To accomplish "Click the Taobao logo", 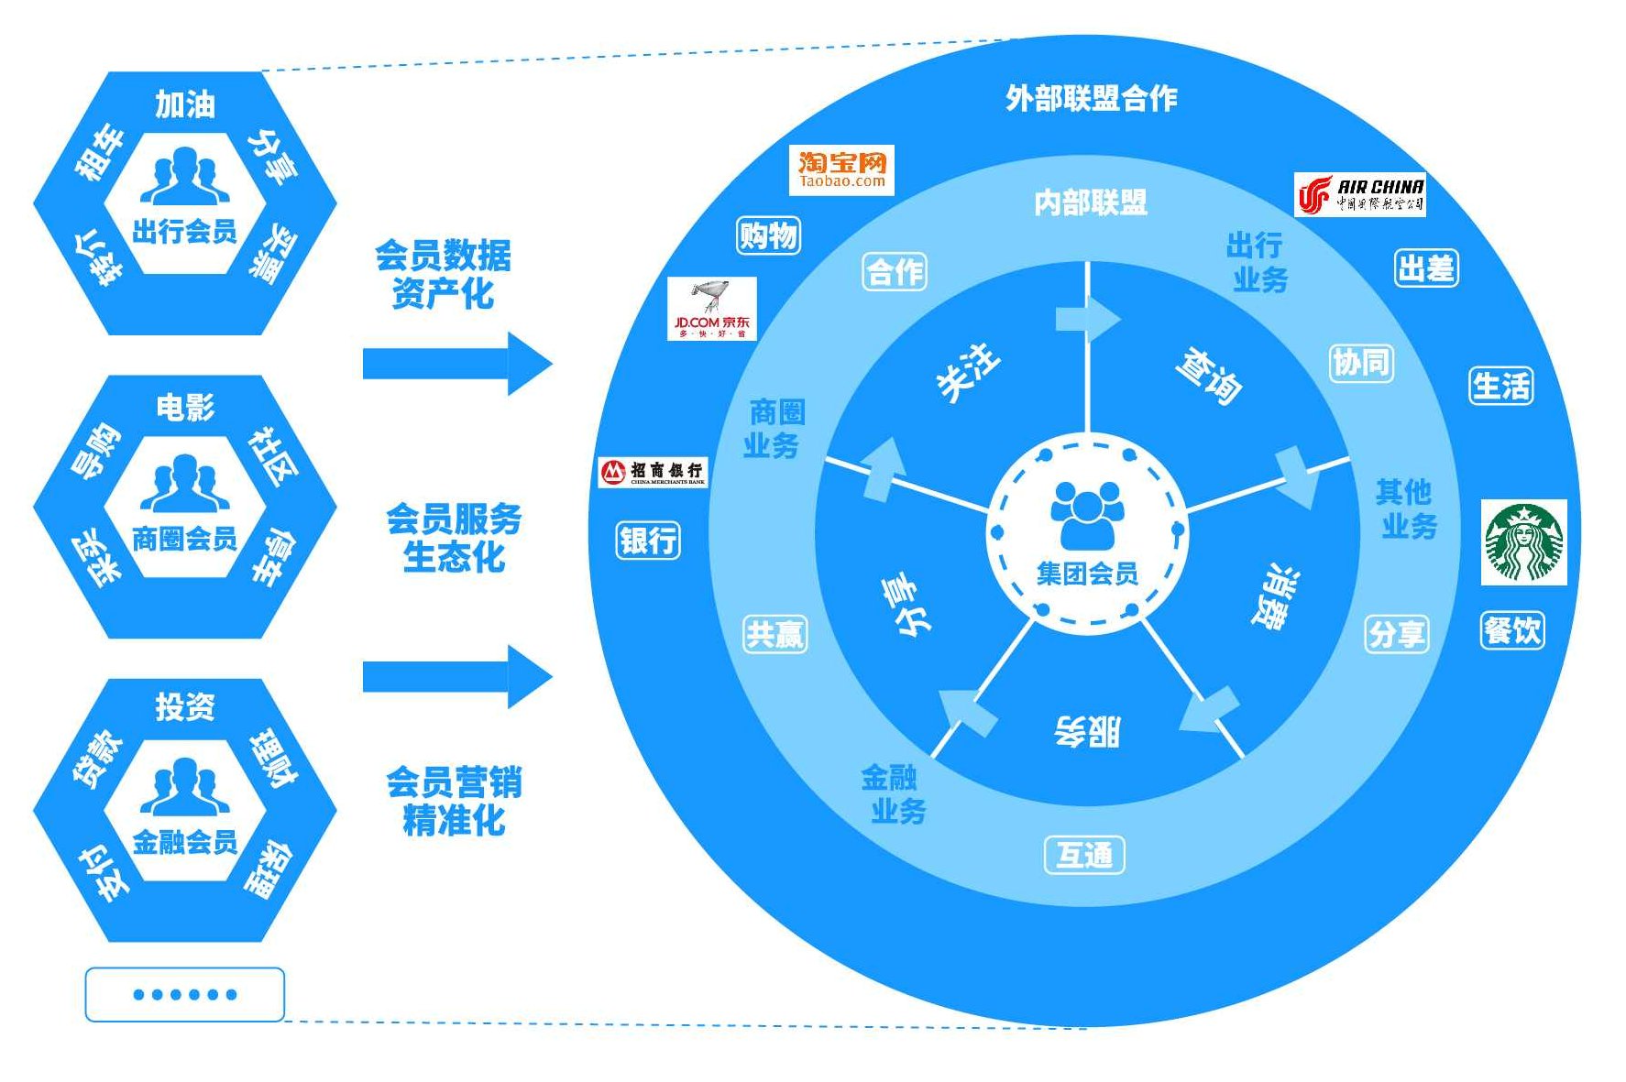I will [x=841, y=170].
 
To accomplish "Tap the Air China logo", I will [x=1359, y=195].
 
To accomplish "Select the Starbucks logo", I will [x=1523, y=542].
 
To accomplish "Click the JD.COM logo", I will [x=712, y=309].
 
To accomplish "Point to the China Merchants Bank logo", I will [x=653, y=472].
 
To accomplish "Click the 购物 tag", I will [x=768, y=235].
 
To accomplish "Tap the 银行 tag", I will [x=648, y=540].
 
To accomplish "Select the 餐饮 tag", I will [x=1512, y=630].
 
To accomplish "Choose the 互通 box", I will [x=1084, y=855].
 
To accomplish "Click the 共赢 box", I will [x=775, y=634].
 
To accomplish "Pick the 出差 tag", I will [x=1426, y=268].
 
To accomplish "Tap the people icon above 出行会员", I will [x=185, y=176].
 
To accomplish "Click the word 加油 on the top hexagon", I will [x=185, y=104].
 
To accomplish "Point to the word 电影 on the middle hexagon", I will [x=185, y=407].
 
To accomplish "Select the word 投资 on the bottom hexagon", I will [x=185, y=706].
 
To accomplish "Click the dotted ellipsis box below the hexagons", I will [x=185, y=994].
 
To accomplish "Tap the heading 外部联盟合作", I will [x=1091, y=98].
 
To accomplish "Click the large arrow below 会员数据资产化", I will [x=457, y=364].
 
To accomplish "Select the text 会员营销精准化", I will [x=454, y=801].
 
